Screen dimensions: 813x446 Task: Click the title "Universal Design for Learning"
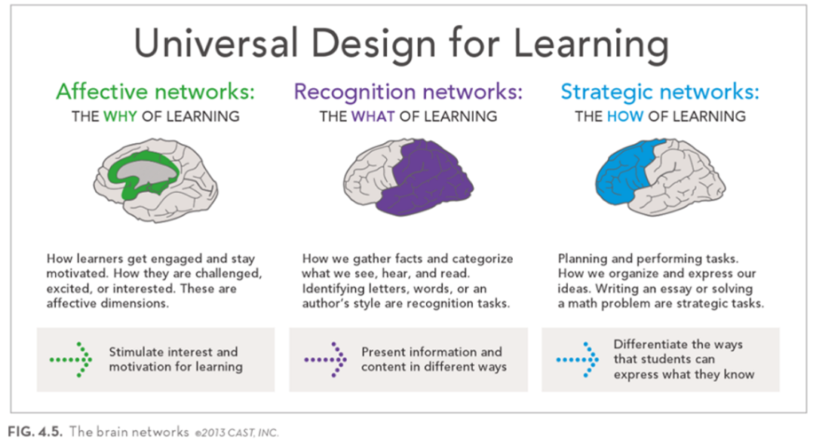tap(401, 44)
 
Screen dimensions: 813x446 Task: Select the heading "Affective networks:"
tap(155, 92)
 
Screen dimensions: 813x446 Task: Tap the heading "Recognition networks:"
tap(408, 92)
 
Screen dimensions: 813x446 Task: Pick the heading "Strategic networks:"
tap(659, 92)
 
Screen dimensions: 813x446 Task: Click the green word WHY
tap(121, 116)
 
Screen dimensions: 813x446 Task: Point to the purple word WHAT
tap(373, 116)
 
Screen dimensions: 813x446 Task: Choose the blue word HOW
tap(625, 116)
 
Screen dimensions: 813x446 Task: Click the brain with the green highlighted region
tap(155, 179)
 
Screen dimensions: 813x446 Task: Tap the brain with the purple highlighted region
tap(408, 177)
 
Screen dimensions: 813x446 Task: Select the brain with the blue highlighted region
tap(660, 177)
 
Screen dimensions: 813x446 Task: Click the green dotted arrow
tap(71, 359)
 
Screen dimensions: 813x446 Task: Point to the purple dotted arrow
tap(325, 359)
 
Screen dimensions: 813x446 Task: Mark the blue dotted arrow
tap(577, 359)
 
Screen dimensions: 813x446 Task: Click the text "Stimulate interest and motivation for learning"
tap(176, 359)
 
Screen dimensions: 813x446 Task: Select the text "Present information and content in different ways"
tap(434, 359)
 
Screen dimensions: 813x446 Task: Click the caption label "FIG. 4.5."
tap(35, 432)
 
